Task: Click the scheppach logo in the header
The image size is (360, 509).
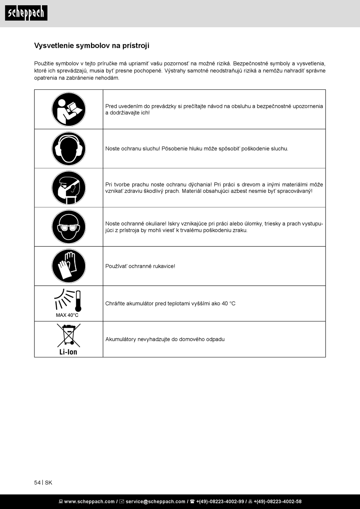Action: pos(26,13)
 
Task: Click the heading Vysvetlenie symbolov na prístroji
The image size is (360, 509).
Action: pos(92,46)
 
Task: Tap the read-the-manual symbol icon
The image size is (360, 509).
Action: pos(69,110)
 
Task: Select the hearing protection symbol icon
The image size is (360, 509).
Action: pos(69,149)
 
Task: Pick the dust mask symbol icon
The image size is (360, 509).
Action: pos(69,188)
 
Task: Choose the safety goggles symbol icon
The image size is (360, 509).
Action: pos(69,227)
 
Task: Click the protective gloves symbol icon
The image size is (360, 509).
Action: pos(69,266)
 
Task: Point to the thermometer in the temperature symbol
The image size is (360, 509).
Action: pos(78,301)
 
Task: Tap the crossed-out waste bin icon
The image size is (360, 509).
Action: pos(69,335)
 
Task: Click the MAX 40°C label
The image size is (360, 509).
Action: pos(67,315)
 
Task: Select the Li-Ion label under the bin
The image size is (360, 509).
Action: pos(68,352)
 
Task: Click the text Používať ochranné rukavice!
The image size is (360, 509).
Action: pos(140,266)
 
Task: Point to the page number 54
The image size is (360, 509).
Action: pos(37,483)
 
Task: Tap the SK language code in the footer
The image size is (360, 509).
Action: pos(49,483)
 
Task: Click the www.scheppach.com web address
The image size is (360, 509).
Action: pos(89,502)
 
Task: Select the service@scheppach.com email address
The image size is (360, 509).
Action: pos(155,502)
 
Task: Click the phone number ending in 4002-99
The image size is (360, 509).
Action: pos(220,502)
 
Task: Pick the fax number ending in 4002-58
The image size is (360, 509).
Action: pos(277,502)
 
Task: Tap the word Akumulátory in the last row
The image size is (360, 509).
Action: pos(121,340)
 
